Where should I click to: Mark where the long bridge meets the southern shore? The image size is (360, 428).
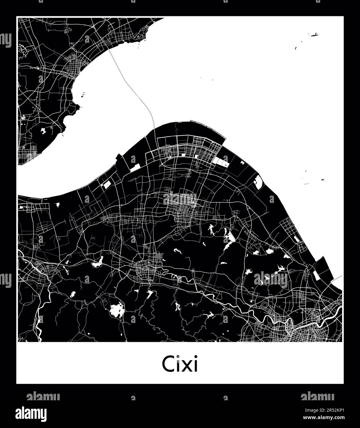[x=154, y=128]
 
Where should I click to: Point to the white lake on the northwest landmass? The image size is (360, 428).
[x=43, y=131]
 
